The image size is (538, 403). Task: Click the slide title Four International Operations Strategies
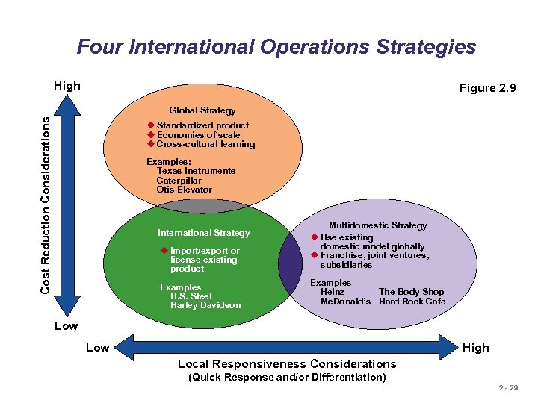pos(276,47)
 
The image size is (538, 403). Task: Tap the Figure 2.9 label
pos(487,88)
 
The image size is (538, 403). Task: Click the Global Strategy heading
pos(202,110)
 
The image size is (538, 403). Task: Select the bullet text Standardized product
pos(202,125)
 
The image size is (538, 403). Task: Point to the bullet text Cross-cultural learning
pos(205,144)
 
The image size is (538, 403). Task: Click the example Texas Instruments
pos(196,171)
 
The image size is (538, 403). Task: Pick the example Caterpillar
pos(179,181)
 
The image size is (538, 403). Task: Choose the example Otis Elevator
pos(185,190)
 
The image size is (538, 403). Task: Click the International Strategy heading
pos(203,233)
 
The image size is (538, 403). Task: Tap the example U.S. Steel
pos(191,296)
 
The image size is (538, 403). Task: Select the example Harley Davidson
pos(205,305)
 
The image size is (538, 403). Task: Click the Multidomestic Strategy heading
pos(377,225)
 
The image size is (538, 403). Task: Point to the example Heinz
pos(333,292)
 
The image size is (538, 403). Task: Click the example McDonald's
pos(345,302)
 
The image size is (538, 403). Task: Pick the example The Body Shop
pos(411,292)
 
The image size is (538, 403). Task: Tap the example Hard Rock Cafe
pos(412,302)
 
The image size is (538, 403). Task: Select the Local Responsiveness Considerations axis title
pos(287,364)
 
